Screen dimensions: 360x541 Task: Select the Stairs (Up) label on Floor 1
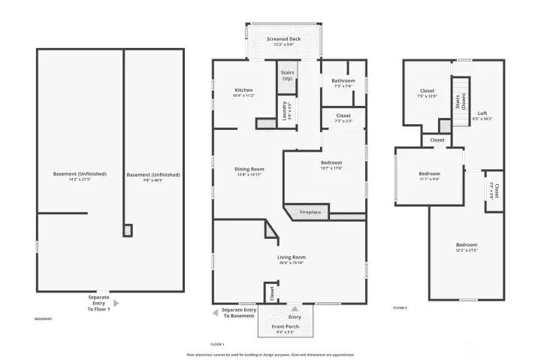287,76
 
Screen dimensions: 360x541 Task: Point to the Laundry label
286,110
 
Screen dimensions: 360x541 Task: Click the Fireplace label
310,213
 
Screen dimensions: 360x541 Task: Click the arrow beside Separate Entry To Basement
215,312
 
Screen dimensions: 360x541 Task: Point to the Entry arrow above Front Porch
295,307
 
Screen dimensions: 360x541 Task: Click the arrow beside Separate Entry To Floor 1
115,304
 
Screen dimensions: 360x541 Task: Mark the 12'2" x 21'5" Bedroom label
466,247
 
